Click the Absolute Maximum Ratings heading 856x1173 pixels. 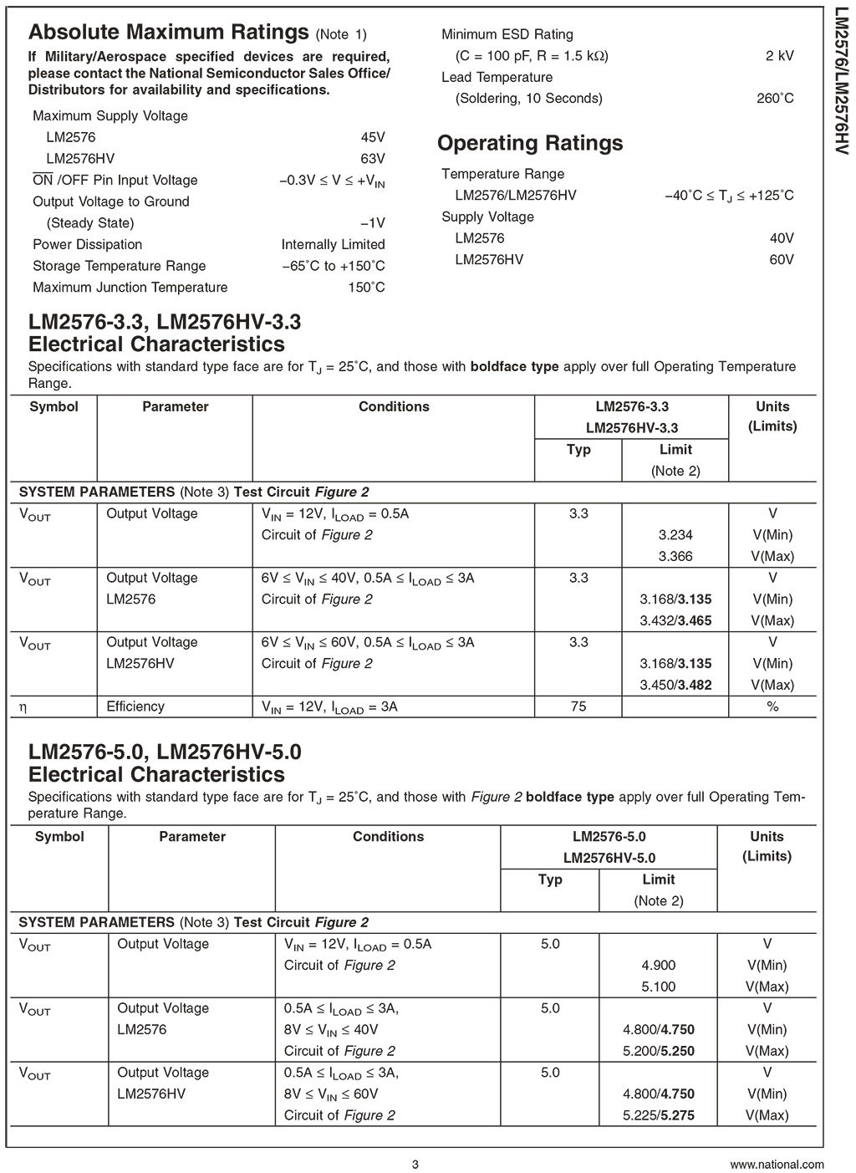[x=168, y=33]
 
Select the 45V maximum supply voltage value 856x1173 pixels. [x=372, y=137]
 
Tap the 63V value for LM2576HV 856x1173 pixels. [x=372, y=159]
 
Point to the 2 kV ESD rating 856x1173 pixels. [x=779, y=56]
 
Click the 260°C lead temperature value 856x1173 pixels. [x=775, y=99]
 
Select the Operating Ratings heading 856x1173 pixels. [x=530, y=143]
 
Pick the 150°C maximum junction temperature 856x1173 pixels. [x=366, y=288]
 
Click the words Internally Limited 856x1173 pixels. [x=333, y=245]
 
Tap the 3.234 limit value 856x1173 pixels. [x=675, y=535]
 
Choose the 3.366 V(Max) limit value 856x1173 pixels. [x=675, y=557]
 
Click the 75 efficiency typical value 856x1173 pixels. [x=578, y=706]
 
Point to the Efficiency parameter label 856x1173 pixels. [x=135, y=706]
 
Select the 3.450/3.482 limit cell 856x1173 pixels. [x=675, y=686]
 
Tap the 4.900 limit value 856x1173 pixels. [x=659, y=966]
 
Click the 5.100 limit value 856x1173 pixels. [x=659, y=987]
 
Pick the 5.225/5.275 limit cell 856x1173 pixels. [x=659, y=1115]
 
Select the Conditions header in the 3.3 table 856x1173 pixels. [x=394, y=407]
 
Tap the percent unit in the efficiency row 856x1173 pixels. [x=772, y=706]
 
